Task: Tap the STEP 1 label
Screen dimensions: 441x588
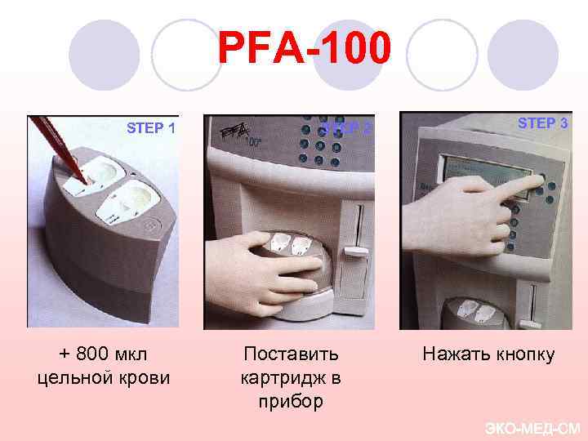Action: point(150,127)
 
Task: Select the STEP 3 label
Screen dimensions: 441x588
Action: point(543,123)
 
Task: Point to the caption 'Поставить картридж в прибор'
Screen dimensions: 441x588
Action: point(291,377)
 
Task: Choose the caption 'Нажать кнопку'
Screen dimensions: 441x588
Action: point(488,354)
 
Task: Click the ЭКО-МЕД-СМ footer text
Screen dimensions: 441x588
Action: point(532,428)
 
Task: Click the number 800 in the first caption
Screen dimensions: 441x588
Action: point(91,354)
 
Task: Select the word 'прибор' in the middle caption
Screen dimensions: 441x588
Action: point(291,401)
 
